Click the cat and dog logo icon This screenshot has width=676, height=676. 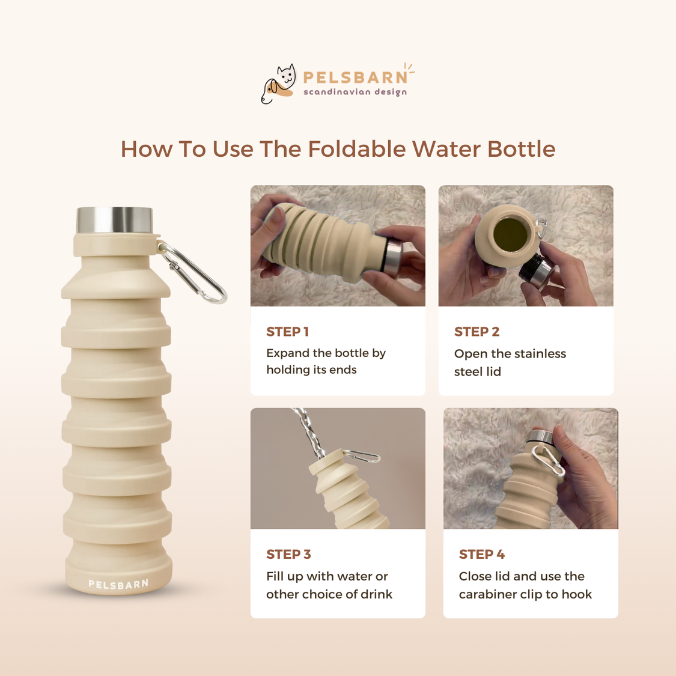coord(279,84)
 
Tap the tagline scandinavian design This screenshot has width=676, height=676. coord(355,92)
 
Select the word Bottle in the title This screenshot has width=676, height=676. coord(521,149)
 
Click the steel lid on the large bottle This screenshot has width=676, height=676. coord(114,221)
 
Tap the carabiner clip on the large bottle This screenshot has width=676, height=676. coord(193,273)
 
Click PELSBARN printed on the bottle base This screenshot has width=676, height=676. coord(118,584)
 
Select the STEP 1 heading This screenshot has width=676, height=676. coord(287,332)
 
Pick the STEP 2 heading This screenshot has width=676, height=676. coord(477,332)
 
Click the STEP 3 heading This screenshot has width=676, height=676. coord(288,554)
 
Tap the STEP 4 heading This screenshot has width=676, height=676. coord(481,554)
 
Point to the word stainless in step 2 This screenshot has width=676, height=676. coord(540,354)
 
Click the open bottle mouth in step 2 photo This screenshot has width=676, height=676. coord(510,234)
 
